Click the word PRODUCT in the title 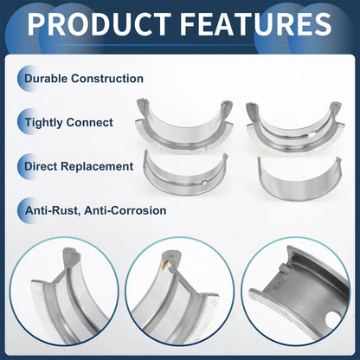pos(99,24)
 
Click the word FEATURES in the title pos(257,24)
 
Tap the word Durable pos(46,79)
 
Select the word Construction pos(107,79)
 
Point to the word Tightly pos(44,123)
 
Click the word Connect pos(90,123)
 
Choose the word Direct pos(41,166)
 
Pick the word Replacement pos(97,167)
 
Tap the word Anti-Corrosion pos(125,210)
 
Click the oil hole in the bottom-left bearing pos(203,182)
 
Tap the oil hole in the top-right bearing pos(311,134)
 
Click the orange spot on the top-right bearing pos(331,107)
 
